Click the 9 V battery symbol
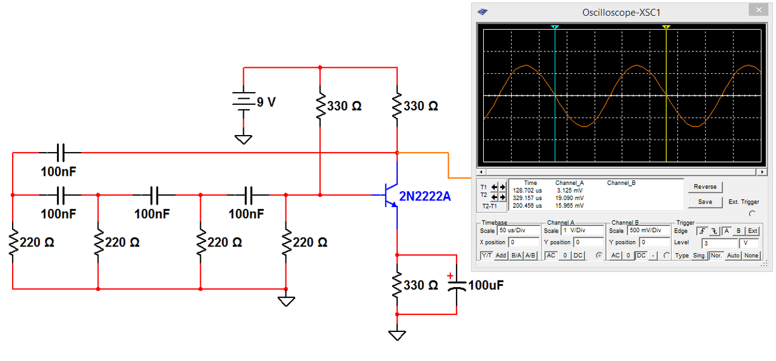pyautogui.click(x=244, y=101)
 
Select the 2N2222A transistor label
pyautogui.click(x=425, y=196)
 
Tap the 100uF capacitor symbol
pyautogui.click(x=457, y=285)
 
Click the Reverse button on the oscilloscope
pyautogui.click(x=705, y=187)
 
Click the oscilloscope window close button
pyautogui.click(x=758, y=10)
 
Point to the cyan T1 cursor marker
pyautogui.click(x=555, y=27)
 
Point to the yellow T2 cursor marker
pyautogui.click(x=666, y=27)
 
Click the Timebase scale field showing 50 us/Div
pyautogui.click(x=518, y=231)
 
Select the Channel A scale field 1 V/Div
pyautogui.click(x=582, y=231)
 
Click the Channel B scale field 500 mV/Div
pyautogui.click(x=649, y=231)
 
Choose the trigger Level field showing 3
pyautogui.click(x=720, y=243)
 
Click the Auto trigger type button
pyautogui.click(x=733, y=256)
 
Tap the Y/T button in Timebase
pyautogui.click(x=486, y=256)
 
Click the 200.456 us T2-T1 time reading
pyautogui.click(x=527, y=205)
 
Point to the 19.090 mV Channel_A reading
pyautogui.click(x=569, y=198)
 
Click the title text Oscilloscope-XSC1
pyautogui.click(x=621, y=13)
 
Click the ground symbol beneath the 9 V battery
pyautogui.click(x=244, y=139)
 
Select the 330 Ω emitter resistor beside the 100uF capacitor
pyautogui.click(x=397, y=285)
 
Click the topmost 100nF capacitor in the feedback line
pyautogui.click(x=61, y=153)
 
